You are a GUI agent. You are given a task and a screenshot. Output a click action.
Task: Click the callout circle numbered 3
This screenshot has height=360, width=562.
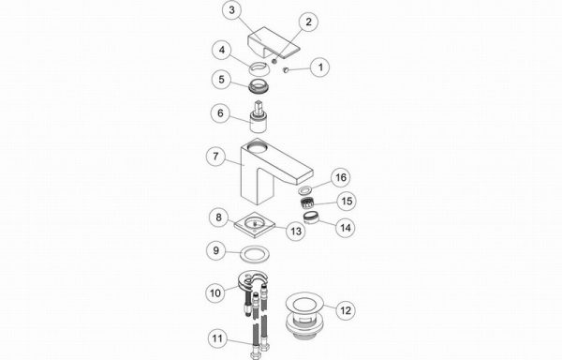coord(232,10)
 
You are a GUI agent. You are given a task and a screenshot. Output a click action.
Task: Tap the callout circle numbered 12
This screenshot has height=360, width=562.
coord(346,309)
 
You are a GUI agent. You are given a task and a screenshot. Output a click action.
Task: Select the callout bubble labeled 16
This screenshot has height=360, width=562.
coord(341,177)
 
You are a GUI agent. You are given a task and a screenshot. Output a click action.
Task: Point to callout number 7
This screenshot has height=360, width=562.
coord(215,157)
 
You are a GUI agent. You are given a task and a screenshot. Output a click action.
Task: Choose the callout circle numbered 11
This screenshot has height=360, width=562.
coord(217,338)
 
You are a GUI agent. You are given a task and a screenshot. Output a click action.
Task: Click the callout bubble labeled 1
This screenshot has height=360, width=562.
coord(320,67)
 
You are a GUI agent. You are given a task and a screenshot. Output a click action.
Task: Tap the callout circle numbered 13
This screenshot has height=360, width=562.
coord(296,232)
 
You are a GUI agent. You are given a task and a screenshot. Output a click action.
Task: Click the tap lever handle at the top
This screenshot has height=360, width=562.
coord(274,42)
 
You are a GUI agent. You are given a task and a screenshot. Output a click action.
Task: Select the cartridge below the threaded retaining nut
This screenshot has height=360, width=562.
coord(259,117)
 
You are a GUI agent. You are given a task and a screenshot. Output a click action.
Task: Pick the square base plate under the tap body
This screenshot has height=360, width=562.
coord(255,225)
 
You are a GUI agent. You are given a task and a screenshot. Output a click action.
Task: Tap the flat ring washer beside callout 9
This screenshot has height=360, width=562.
coord(255,254)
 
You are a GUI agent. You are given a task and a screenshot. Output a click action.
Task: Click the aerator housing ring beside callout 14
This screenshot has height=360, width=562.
coord(311,217)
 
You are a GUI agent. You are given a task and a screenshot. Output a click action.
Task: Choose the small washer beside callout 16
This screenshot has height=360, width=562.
coord(304,189)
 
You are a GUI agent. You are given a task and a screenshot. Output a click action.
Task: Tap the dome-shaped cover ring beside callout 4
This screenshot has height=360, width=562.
coord(259,68)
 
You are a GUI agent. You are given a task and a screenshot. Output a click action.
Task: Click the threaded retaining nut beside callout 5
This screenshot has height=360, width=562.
coord(259,87)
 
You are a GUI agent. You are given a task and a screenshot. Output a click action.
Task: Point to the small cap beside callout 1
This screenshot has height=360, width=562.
coord(286,69)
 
